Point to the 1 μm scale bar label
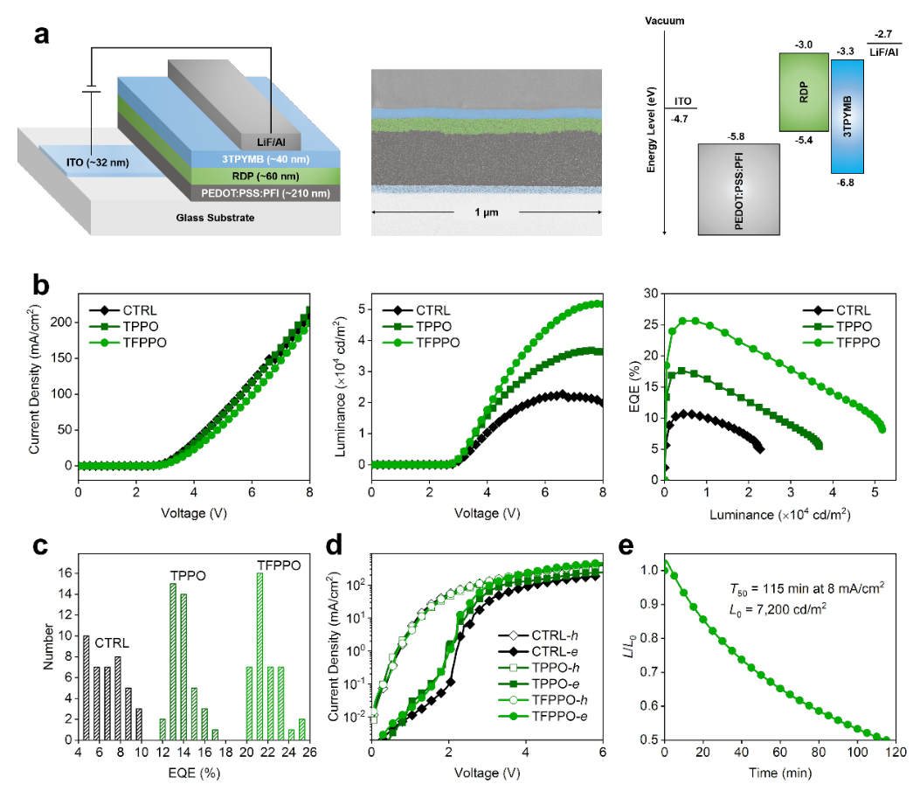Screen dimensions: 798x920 click(x=486, y=213)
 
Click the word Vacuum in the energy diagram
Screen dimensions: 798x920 click(x=664, y=20)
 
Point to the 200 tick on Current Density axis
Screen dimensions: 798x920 click(x=62, y=323)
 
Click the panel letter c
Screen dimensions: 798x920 click(x=40, y=545)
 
